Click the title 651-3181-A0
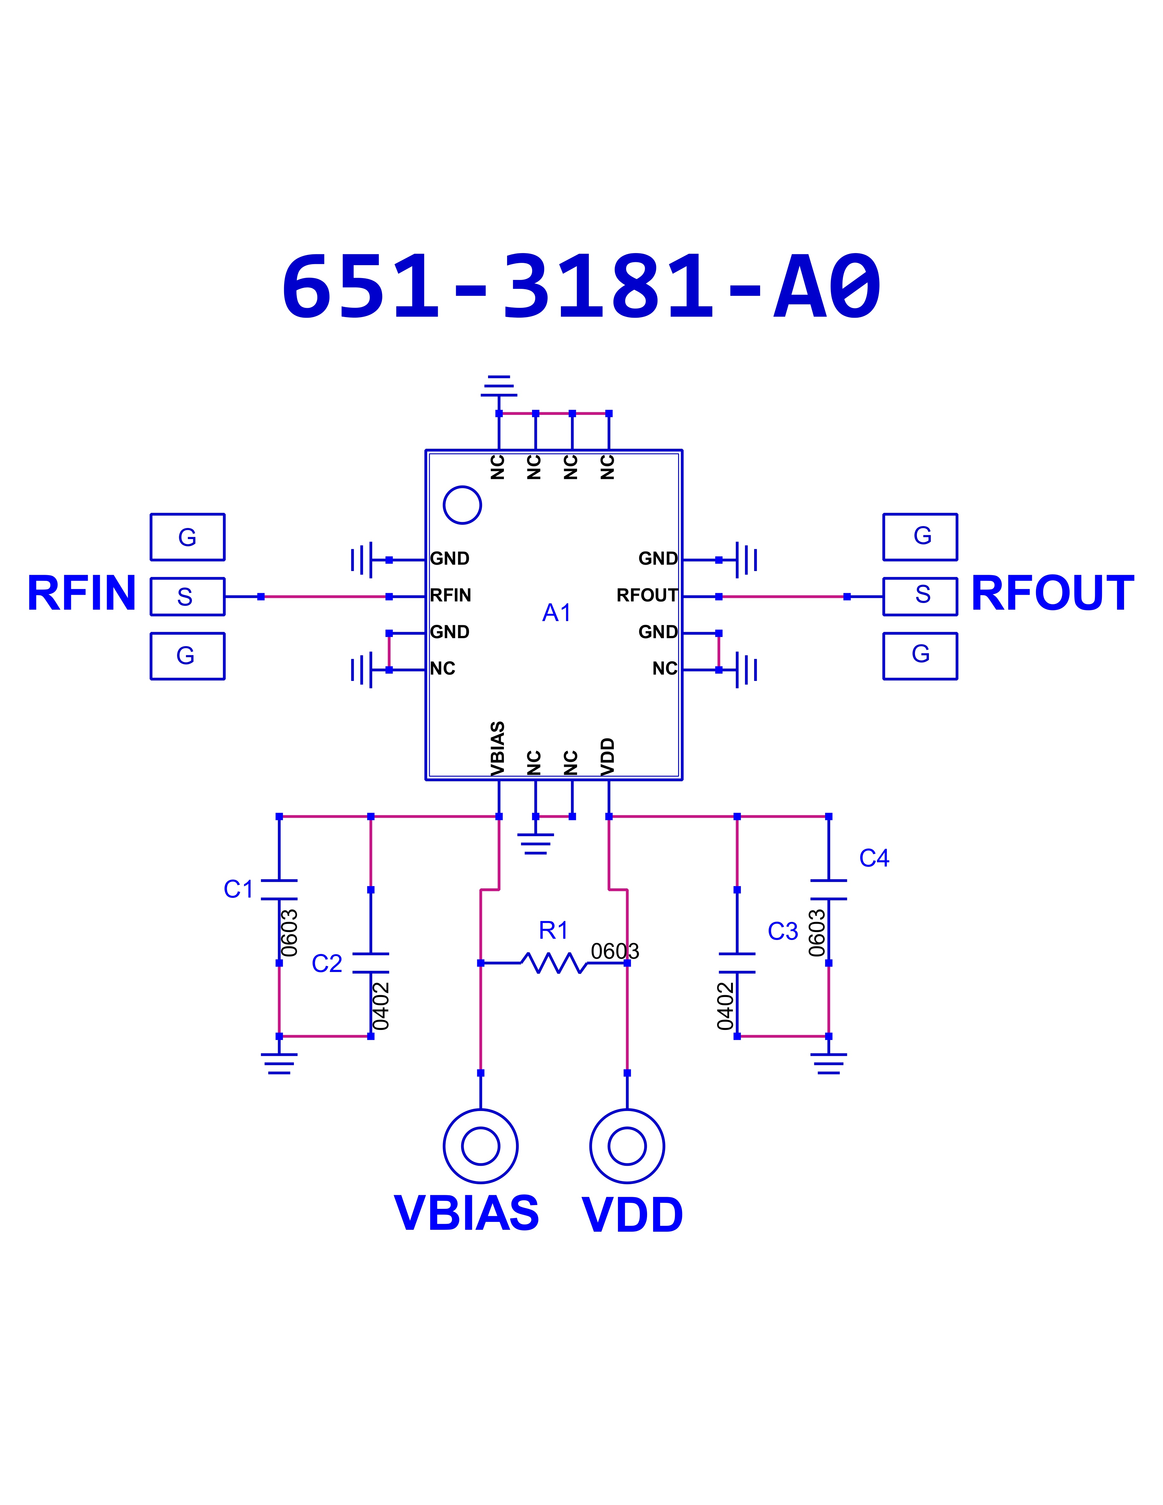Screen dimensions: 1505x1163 pyautogui.click(x=581, y=287)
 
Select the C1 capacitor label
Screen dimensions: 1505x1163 pyautogui.click(x=238, y=889)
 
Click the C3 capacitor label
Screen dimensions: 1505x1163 pyautogui.click(x=783, y=931)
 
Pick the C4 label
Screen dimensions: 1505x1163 pyautogui.click(x=874, y=858)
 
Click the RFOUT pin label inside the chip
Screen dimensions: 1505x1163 pyautogui.click(x=647, y=595)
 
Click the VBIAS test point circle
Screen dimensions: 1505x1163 pyautogui.click(x=480, y=1146)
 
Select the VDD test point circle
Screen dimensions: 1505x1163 pyautogui.click(x=627, y=1146)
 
